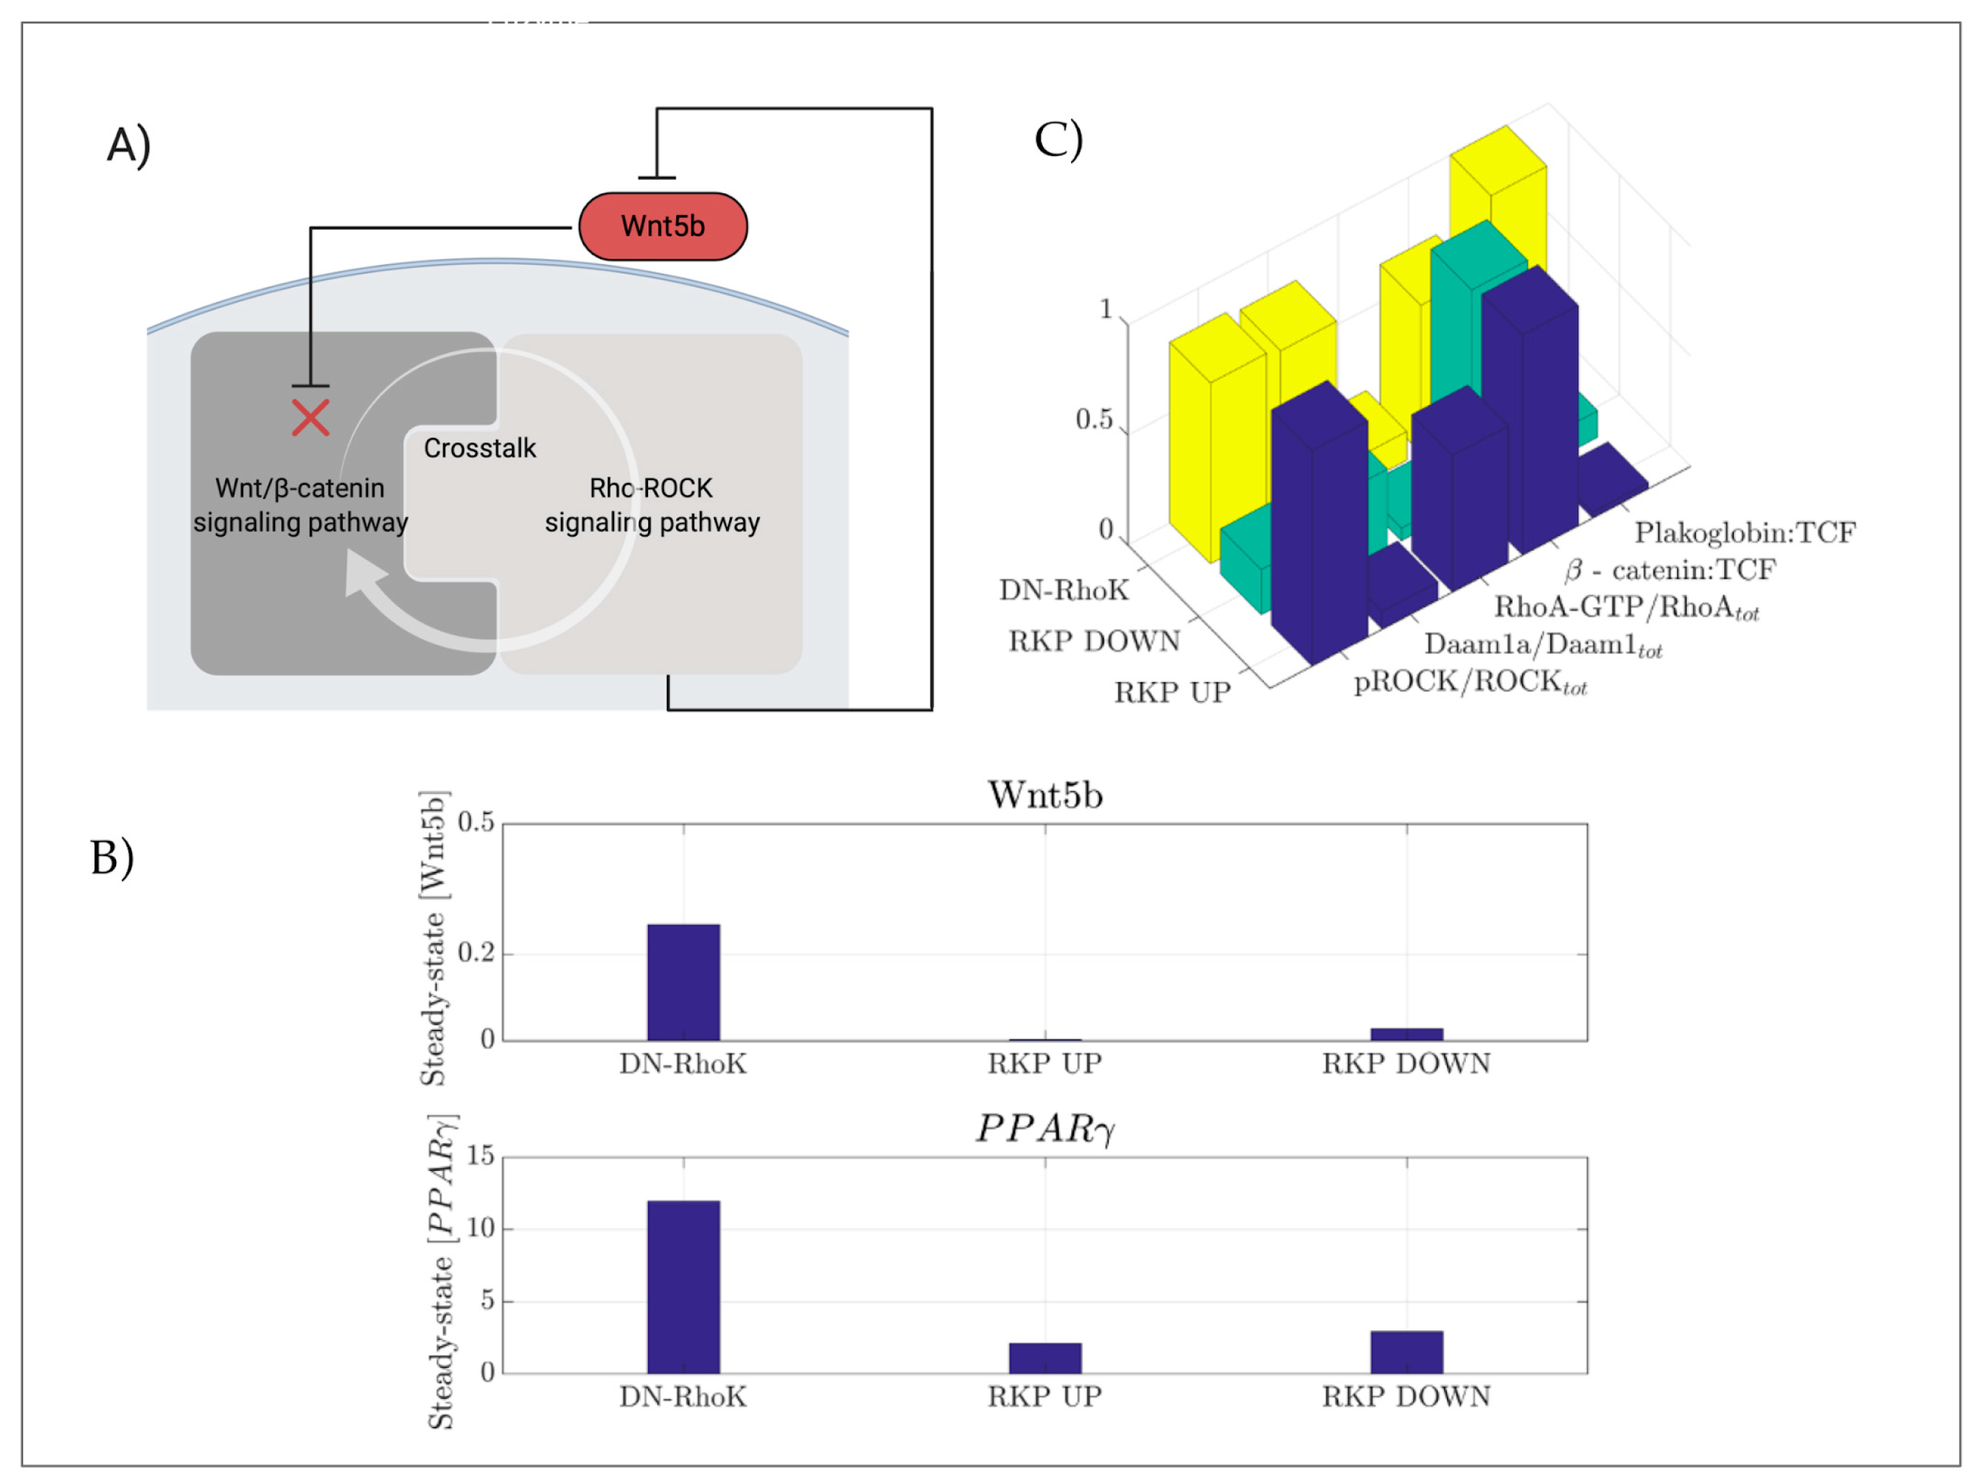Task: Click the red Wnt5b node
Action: (663, 227)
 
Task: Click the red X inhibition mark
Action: (310, 418)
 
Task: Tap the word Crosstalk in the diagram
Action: (479, 448)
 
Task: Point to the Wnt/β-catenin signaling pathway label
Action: (301, 505)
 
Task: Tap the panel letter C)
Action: (1058, 139)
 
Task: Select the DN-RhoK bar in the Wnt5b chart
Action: (683, 982)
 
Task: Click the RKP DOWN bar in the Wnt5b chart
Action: (1407, 1034)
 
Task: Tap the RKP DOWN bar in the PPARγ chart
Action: (1407, 1351)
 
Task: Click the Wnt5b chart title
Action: (1045, 795)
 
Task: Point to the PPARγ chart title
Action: (1045, 1128)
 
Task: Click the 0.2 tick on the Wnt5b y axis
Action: (475, 953)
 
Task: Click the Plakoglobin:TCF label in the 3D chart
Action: (1744, 533)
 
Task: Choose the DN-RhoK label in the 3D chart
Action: (1064, 590)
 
